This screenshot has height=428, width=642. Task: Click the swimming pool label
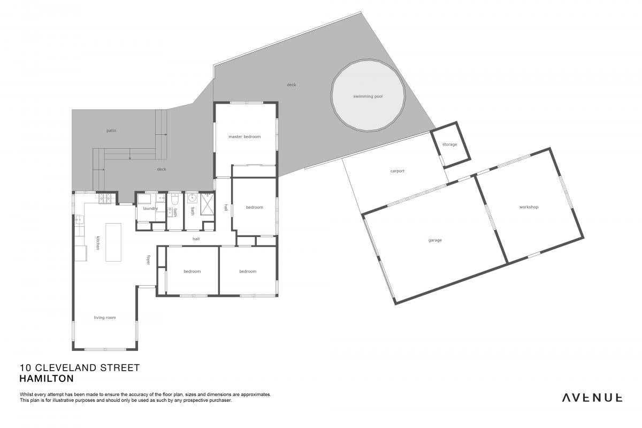(368, 96)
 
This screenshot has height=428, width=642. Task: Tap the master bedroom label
(244, 137)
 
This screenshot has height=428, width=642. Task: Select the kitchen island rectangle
(113, 242)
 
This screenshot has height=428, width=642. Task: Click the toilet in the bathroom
(175, 199)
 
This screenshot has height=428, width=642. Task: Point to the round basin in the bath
(192, 198)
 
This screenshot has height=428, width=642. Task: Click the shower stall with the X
(207, 204)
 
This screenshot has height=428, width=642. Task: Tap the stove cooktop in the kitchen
(105, 198)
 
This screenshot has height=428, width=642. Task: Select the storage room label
(449, 144)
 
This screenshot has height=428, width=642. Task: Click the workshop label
(529, 207)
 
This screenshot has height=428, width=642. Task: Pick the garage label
(435, 240)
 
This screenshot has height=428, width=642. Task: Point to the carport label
(397, 171)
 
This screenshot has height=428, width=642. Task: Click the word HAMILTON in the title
(47, 378)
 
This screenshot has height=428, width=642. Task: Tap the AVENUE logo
(592, 398)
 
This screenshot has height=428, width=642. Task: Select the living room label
(105, 317)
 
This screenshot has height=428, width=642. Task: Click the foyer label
(149, 259)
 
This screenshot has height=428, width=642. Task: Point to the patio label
(111, 131)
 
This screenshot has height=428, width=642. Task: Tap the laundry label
(150, 209)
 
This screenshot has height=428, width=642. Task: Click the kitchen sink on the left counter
(79, 220)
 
